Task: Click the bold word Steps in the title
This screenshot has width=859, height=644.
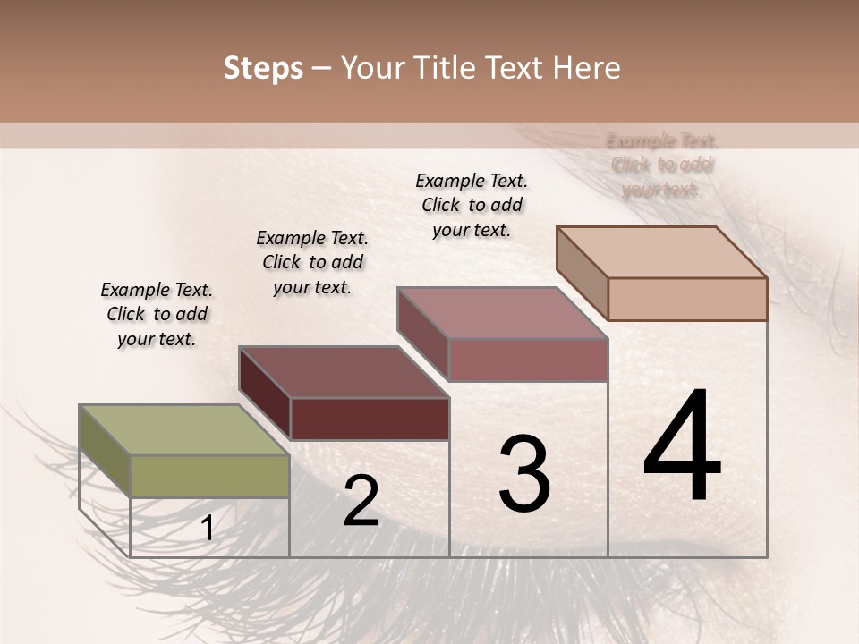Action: pos(263,68)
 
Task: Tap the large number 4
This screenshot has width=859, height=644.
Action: pos(683,447)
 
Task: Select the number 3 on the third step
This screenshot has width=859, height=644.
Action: pos(524,474)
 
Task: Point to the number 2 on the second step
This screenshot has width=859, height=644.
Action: pos(361,502)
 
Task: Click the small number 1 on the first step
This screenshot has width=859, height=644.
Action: pos(207,529)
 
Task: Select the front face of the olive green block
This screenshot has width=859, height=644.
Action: pos(209,476)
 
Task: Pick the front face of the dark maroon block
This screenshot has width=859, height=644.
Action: pos(369,419)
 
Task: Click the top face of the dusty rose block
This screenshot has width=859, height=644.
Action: pos(501,313)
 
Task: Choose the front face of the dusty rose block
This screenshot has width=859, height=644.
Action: pos(528,360)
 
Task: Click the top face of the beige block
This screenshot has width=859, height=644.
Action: pos(660,251)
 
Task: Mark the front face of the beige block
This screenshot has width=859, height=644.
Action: pos(687,299)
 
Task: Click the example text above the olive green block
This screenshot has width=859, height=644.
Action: pos(157,314)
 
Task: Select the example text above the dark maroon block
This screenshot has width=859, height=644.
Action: pos(312,262)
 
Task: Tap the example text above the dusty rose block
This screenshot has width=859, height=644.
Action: pos(472,205)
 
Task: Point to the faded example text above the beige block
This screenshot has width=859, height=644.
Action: pos(662,165)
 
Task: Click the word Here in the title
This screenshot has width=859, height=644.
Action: pos(586,68)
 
